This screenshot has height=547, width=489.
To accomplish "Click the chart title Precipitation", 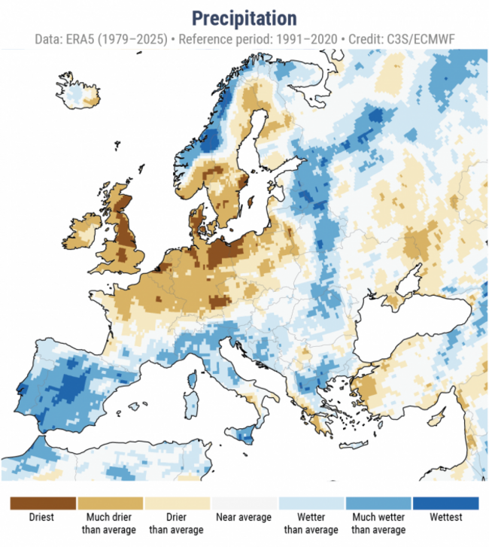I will point(244,18).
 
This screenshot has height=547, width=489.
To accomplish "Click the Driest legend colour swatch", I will point(43,503).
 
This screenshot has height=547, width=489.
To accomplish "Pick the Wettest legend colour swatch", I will point(446,503).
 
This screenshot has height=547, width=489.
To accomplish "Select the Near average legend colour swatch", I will point(244,503).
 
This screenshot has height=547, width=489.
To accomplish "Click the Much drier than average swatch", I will point(110,503).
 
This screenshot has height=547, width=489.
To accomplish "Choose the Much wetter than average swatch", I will point(378,503).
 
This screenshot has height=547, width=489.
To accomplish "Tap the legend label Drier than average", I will point(177,523).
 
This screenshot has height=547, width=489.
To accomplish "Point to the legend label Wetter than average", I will point(311,523).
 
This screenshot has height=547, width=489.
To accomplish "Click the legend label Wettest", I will point(446,517).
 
